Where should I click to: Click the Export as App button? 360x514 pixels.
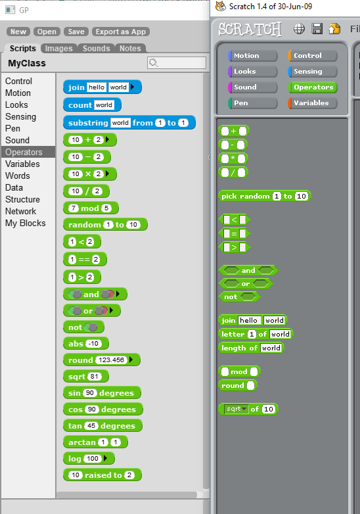(121, 32)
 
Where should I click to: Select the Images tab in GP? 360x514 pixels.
(58, 49)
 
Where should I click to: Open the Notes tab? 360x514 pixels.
(130, 49)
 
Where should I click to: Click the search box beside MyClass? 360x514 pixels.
(177, 62)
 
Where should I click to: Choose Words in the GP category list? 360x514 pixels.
(18, 175)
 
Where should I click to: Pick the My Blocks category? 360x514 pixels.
(26, 223)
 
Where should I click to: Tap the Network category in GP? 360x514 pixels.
(20, 212)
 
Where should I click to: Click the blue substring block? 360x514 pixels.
(129, 123)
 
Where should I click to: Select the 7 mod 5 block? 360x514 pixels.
(91, 208)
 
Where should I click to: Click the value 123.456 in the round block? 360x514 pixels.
(112, 360)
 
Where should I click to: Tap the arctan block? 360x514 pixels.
(95, 442)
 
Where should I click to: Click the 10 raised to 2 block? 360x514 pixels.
(102, 475)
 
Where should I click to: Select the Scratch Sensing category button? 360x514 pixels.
(313, 72)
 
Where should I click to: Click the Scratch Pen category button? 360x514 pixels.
(252, 103)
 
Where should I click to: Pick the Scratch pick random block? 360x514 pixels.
(264, 196)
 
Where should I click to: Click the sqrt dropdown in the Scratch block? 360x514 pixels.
(236, 409)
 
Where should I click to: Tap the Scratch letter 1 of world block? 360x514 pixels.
(256, 334)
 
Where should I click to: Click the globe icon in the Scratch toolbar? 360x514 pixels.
(299, 29)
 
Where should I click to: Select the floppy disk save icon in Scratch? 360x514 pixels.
(317, 29)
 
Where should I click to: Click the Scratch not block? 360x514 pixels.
(240, 297)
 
